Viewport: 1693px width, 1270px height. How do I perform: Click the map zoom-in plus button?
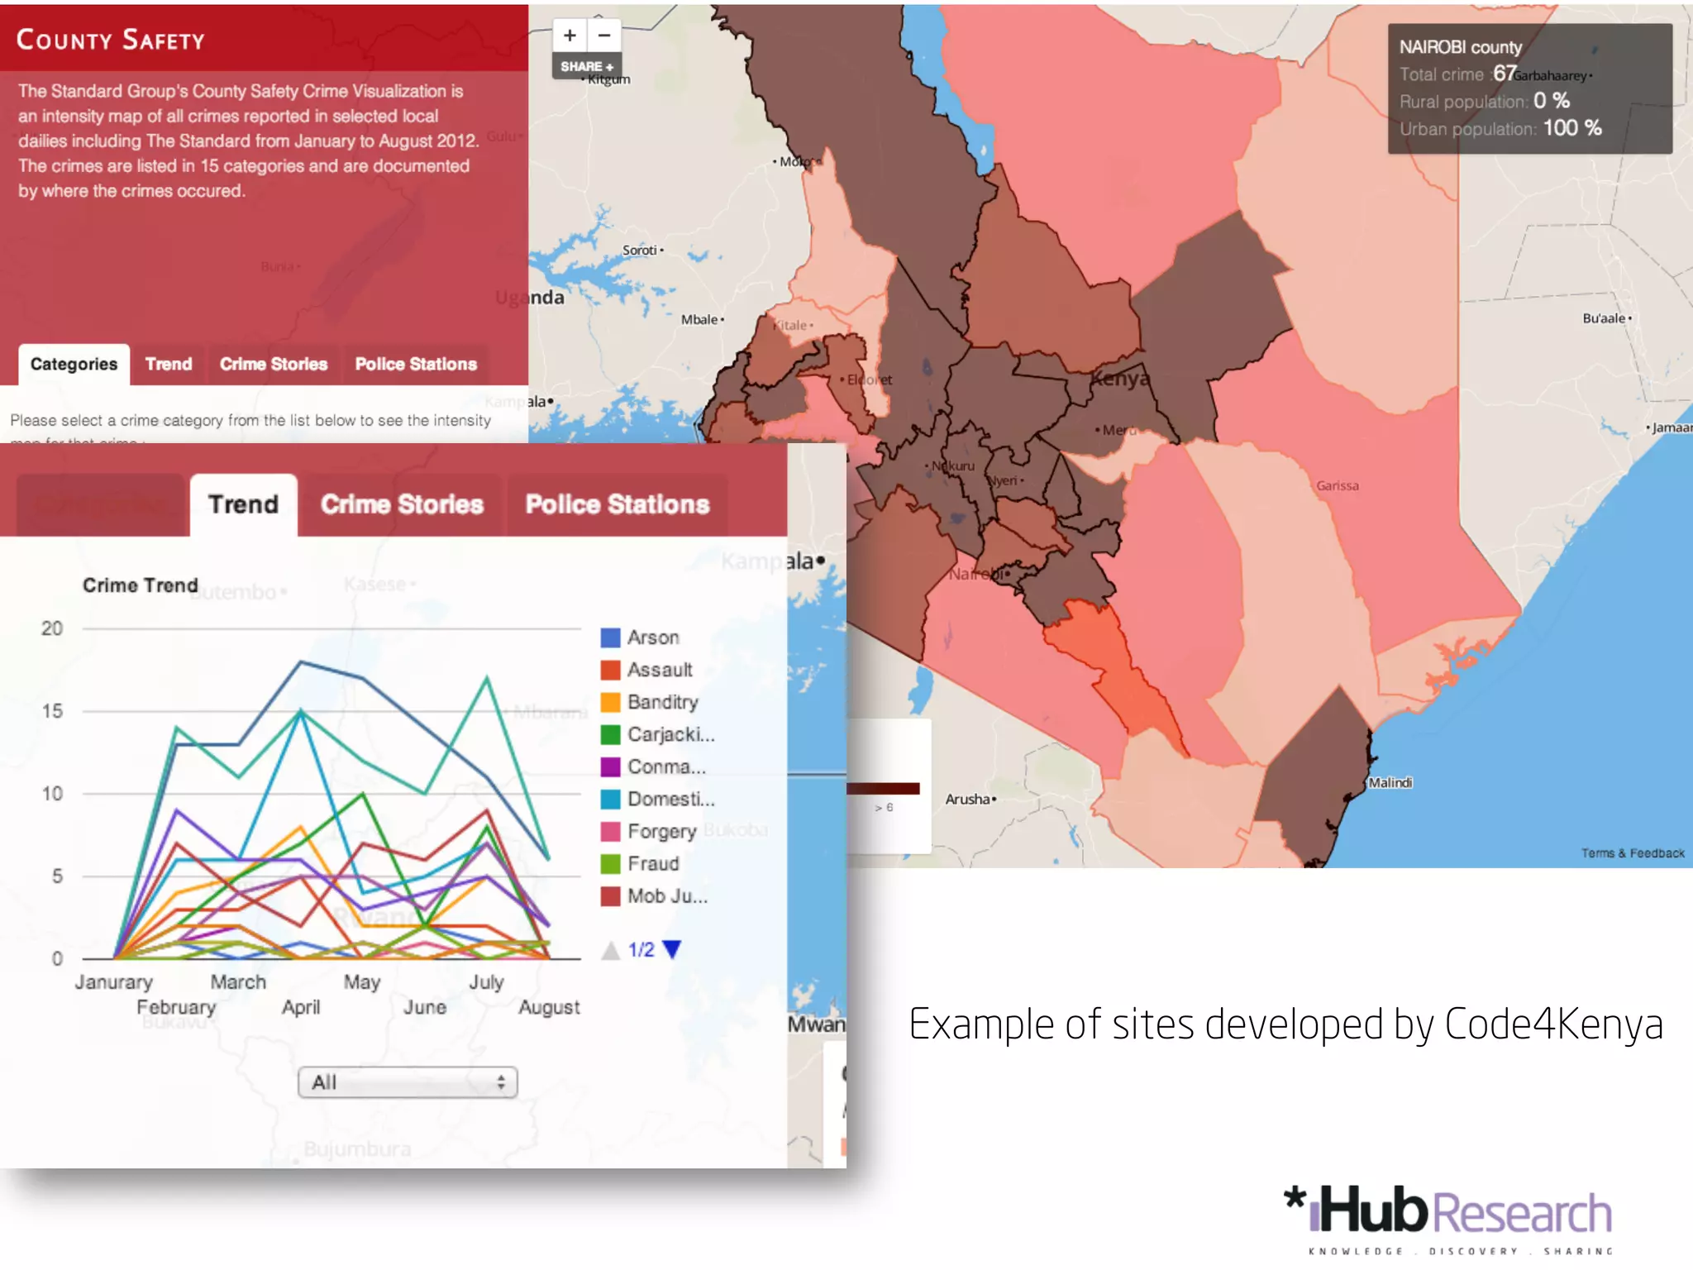570,36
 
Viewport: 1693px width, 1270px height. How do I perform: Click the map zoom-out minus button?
604,36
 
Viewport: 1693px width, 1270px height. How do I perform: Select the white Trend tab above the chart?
243,504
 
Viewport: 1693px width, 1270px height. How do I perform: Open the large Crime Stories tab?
402,504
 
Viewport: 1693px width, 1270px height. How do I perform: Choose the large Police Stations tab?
618,504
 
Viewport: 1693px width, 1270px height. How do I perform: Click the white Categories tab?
74,365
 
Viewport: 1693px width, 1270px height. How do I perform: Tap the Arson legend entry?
652,637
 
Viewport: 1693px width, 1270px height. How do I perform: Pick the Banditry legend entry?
661,702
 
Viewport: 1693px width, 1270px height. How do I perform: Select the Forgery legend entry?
661,831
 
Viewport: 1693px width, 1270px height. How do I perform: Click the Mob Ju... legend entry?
666,896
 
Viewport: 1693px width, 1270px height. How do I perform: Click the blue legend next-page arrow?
672,949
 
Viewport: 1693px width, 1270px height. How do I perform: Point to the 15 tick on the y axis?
52,711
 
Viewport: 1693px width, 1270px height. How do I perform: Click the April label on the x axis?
301,1007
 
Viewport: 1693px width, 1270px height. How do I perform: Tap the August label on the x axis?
549,1007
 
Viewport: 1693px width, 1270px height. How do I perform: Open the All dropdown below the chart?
408,1082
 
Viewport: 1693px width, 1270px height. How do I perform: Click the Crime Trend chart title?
141,585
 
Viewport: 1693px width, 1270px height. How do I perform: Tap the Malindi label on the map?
1390,782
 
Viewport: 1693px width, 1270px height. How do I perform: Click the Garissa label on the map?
1338,486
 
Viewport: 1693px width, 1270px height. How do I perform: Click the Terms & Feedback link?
1633,853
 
